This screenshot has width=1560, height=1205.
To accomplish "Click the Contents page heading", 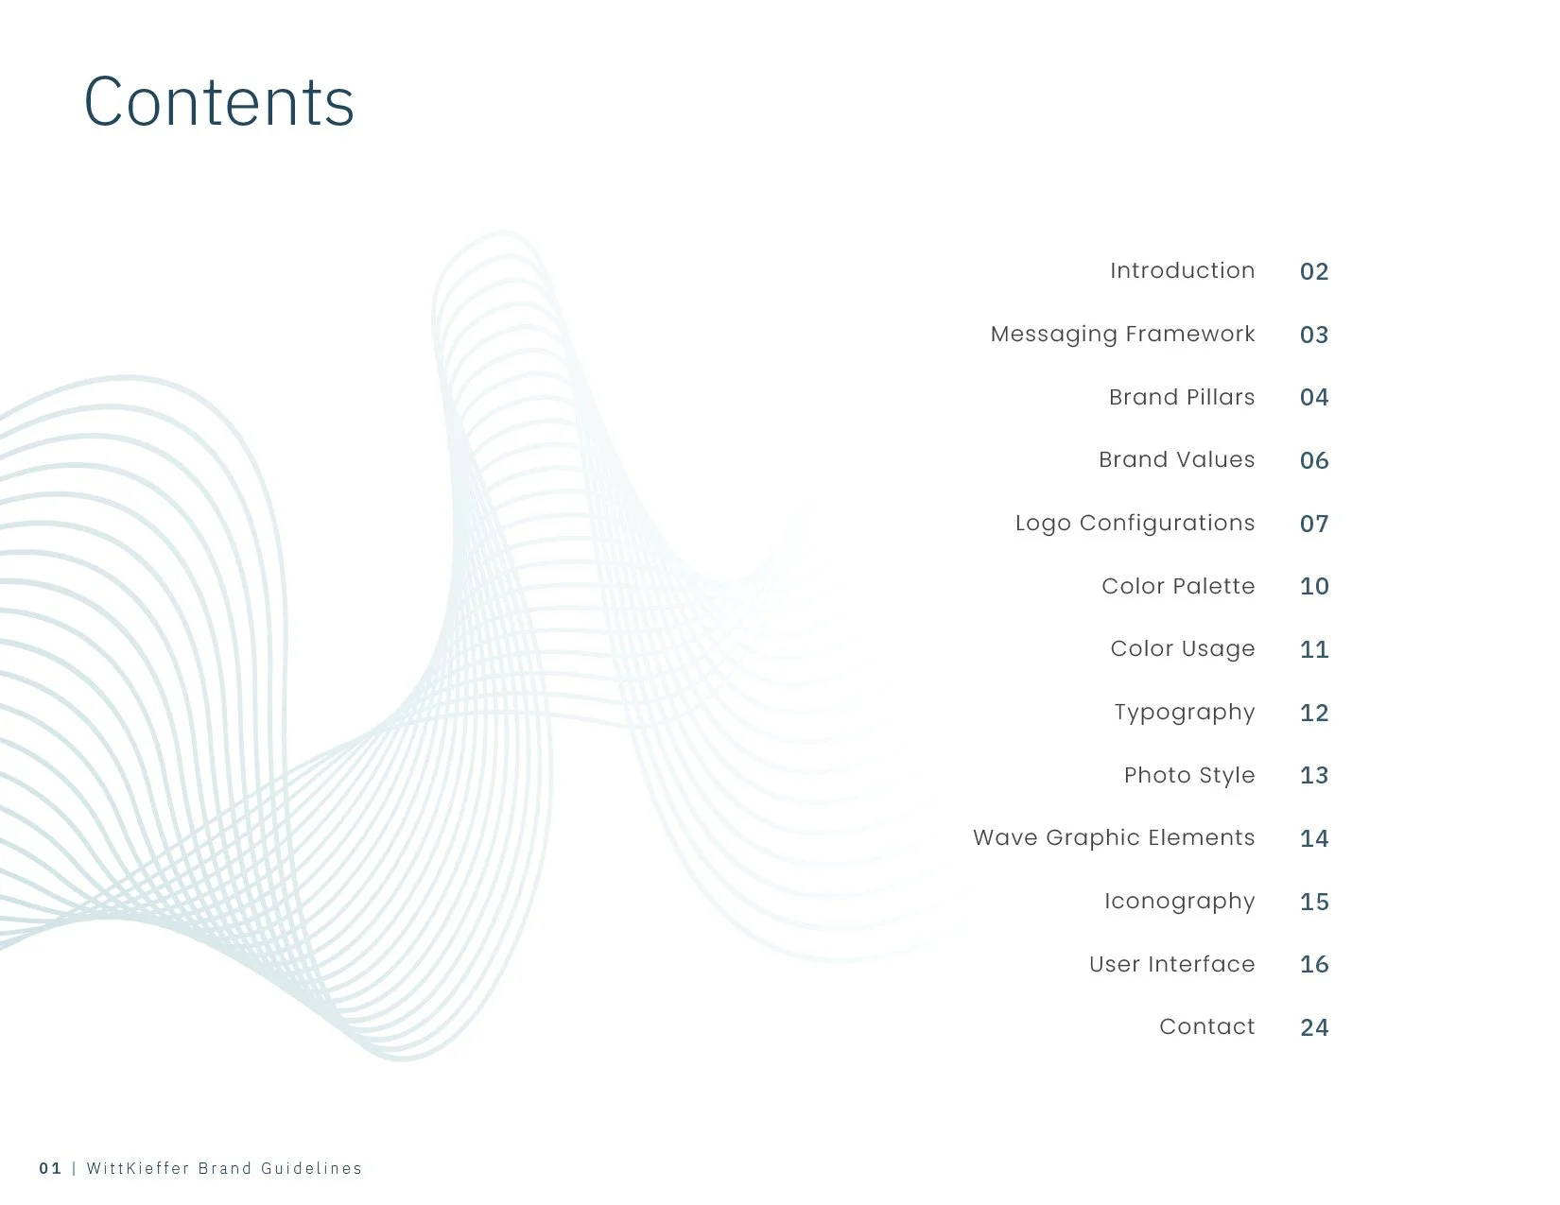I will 219,101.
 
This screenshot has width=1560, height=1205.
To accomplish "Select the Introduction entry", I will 1182,270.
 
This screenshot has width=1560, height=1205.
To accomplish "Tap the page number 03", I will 1314,335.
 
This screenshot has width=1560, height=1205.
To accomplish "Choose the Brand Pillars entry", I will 1182,397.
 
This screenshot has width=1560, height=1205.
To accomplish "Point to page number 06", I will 1314,460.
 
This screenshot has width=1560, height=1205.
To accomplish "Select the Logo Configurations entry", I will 1135,524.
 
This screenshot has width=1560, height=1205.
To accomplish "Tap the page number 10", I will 1314,586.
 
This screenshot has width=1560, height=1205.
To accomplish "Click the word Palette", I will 1217,586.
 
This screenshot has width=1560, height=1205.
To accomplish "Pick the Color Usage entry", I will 1182,649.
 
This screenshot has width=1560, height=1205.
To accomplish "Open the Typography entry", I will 1184,713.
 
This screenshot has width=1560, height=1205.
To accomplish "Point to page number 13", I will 1314,775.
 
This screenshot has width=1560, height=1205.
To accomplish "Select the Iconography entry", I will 1179,902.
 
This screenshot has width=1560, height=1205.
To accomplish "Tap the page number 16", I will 1314,964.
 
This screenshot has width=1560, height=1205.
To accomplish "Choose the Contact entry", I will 1206,1027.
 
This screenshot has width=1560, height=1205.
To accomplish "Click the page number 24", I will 1314,1027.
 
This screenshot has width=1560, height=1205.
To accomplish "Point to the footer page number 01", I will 50,1168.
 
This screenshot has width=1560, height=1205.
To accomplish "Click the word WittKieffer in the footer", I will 136,1168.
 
